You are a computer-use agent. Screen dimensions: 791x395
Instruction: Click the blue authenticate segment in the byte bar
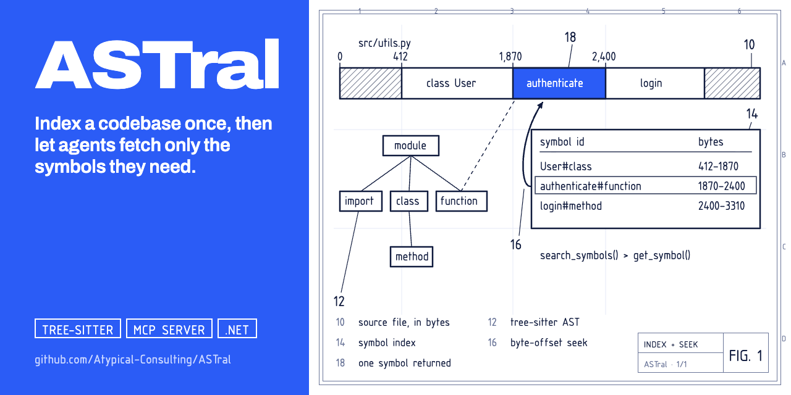point(559,83)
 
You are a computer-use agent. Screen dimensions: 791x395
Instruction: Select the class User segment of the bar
point(457,83)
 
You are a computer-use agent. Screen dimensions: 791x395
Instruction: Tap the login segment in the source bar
point(655,83)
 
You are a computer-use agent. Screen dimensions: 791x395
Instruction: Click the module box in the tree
point(411,146)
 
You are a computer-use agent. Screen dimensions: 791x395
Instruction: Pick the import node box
point(360,201)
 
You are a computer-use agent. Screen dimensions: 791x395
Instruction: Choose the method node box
point(412,256)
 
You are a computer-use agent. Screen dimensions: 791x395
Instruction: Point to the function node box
point(462,201)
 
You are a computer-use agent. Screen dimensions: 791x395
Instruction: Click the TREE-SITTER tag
point(78,328)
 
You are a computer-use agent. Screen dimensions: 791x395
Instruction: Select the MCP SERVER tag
point(169,328)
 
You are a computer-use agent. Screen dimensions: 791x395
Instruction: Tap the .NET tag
point(237,328)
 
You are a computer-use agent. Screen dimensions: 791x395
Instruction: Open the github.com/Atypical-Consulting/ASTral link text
point(133,360)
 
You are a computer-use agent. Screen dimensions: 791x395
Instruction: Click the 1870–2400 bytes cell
point(721,186)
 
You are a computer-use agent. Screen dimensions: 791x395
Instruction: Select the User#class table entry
point(565,166)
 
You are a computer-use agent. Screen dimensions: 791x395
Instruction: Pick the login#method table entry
point(570,206)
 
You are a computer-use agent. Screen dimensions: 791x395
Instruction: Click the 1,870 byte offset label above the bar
point(510,56)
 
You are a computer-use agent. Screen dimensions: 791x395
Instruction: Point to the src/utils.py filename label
point(384,43)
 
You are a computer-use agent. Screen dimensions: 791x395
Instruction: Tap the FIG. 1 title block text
point(745,356)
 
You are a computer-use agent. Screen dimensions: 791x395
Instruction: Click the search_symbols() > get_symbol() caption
point(615,256)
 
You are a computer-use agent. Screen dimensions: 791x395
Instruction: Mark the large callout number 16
point(515,244)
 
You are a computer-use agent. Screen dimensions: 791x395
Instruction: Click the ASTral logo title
point(157,64)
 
